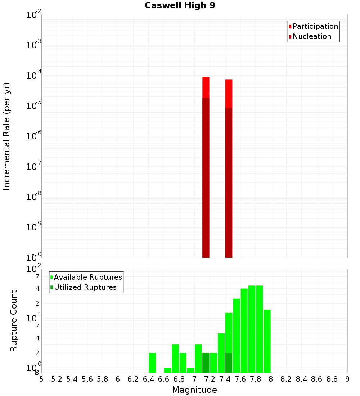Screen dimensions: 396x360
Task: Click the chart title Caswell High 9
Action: [x=180, y=6]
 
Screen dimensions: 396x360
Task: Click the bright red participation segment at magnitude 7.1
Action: [x=206, y=87]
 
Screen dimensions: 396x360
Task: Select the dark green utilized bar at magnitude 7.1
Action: [x=206, y=363]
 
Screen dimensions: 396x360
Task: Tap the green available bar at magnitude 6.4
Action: [x=152, y=363]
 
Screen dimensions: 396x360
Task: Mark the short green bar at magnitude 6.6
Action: [x=167, y=370]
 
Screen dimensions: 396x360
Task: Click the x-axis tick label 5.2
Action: [x=57, y=379]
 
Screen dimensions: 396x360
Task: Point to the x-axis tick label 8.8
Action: [x=332, y=379]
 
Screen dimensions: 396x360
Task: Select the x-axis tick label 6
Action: [x=118, y=379]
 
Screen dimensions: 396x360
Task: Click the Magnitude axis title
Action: [x=194, y=390]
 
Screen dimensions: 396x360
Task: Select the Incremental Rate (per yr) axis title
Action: [x=7, y=136]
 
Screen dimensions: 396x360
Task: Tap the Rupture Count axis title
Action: [x=14, y=320]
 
